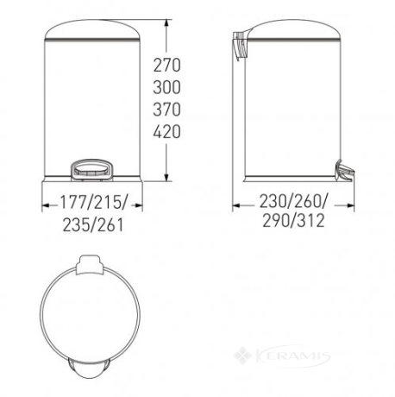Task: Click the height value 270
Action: pyautogui.click(x=166, y=65)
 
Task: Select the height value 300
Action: pyautogui.click(x=166, y=87)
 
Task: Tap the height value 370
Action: pyautogui.click(x=166, y=110)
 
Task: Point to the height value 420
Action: pyautogui.click(x=166, y=131)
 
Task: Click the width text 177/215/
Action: pyautogui.click(x=93, y=202)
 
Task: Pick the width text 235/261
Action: pyautogui.click(x=93, y=224)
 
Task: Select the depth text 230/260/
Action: pyautogui.click(x=293, y=201)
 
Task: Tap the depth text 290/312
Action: pyautogui.click(x=293, y=221)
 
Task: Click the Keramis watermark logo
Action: pyautogui.click(x=282, y=356)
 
